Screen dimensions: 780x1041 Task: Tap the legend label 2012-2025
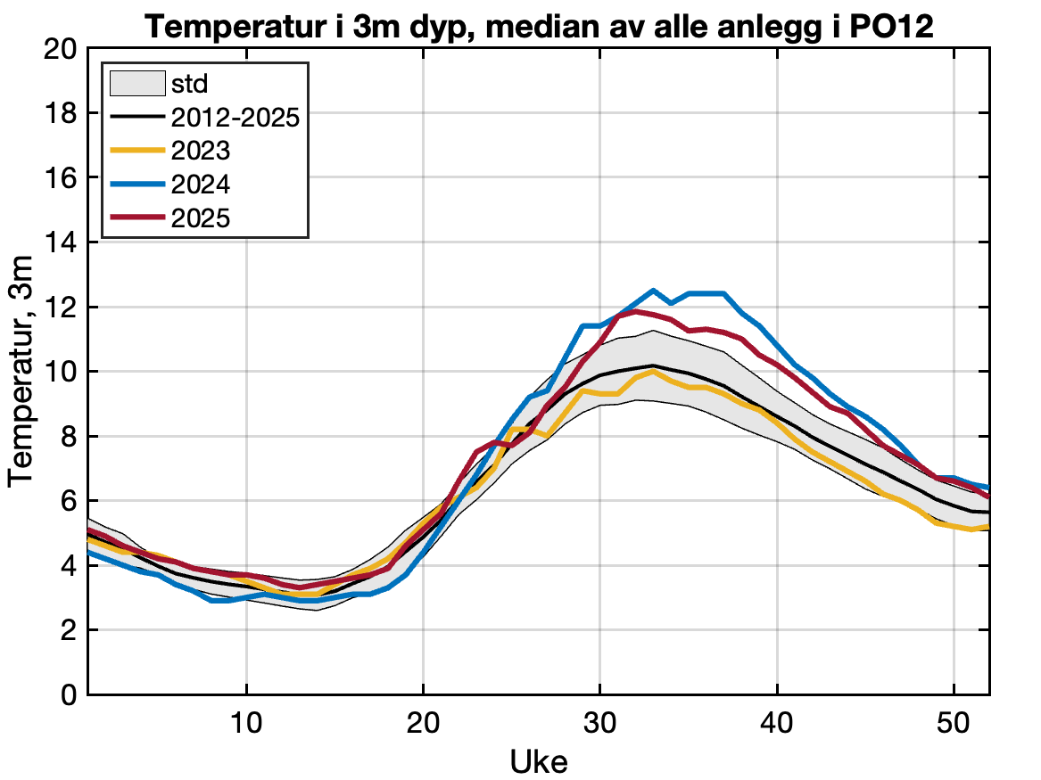coord(235,117)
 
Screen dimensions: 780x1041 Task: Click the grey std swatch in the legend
coord(136,84)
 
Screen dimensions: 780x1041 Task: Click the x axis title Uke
coord(539,760)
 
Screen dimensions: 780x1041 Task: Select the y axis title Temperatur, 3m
coord(21,371)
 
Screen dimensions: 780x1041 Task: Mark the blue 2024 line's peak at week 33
coord(654,291)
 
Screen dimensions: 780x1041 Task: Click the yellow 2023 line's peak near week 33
coord(654,372)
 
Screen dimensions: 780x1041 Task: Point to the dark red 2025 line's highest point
coord(636,311)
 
